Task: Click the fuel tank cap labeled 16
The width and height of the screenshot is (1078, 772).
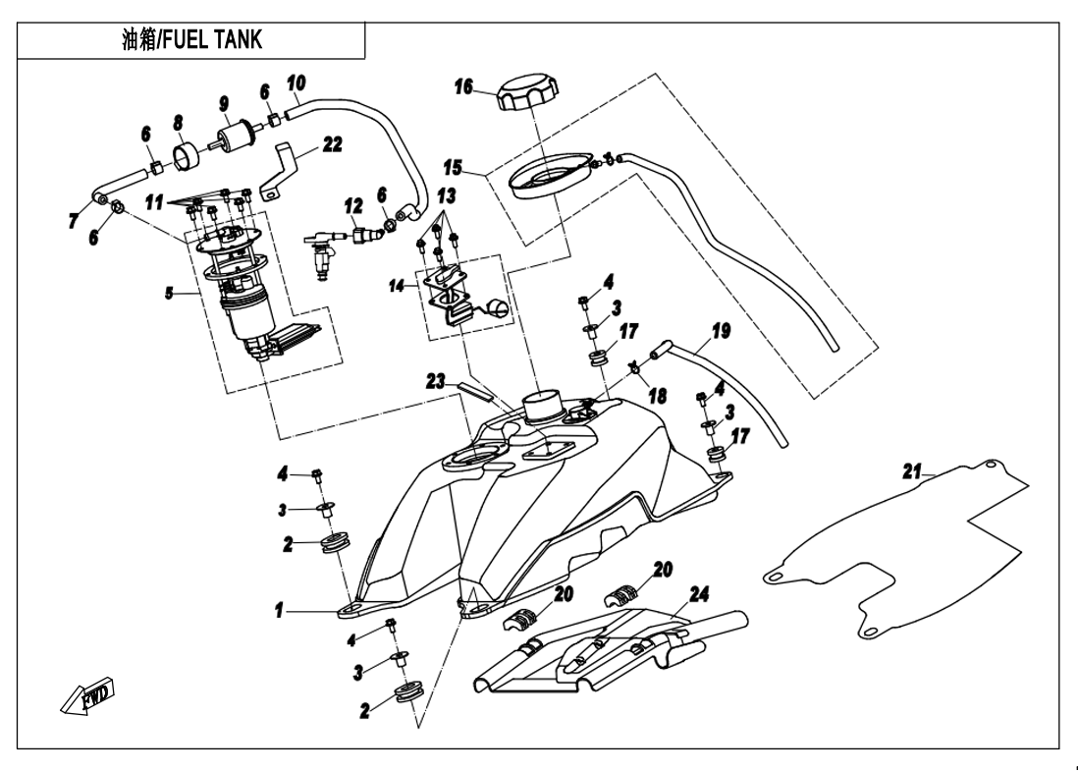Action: point(529,96)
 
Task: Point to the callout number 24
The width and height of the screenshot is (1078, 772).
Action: point(699,593)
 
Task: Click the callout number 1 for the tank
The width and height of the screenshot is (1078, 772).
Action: point(281,611)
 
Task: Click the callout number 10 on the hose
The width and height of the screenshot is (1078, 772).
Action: point(296,81)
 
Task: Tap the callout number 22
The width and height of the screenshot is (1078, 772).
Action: point(332,145)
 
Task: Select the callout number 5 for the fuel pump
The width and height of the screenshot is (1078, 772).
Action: point(170,292)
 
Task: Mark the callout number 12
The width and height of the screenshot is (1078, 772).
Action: point(326,207)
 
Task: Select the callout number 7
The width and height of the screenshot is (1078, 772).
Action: point(75,222)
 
